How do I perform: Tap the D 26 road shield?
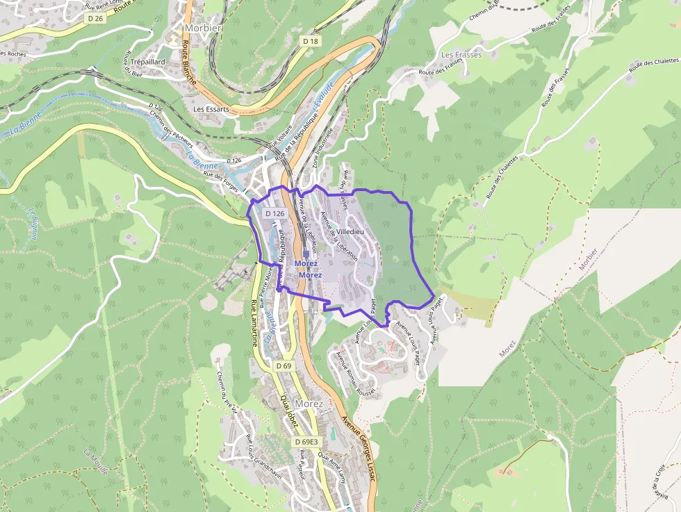pyautogui.click(x=96, y=18)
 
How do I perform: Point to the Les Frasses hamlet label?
pyautogui.click(x=461, y=54)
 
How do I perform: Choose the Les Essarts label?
pyautogui.click(x=211, y=109)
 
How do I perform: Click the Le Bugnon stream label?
pyautogui.click(x=33, y=222)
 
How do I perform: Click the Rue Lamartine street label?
pyautogui.click(x=254, y=323)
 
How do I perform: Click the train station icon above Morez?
pyautogui.click(x=306, y=254)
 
